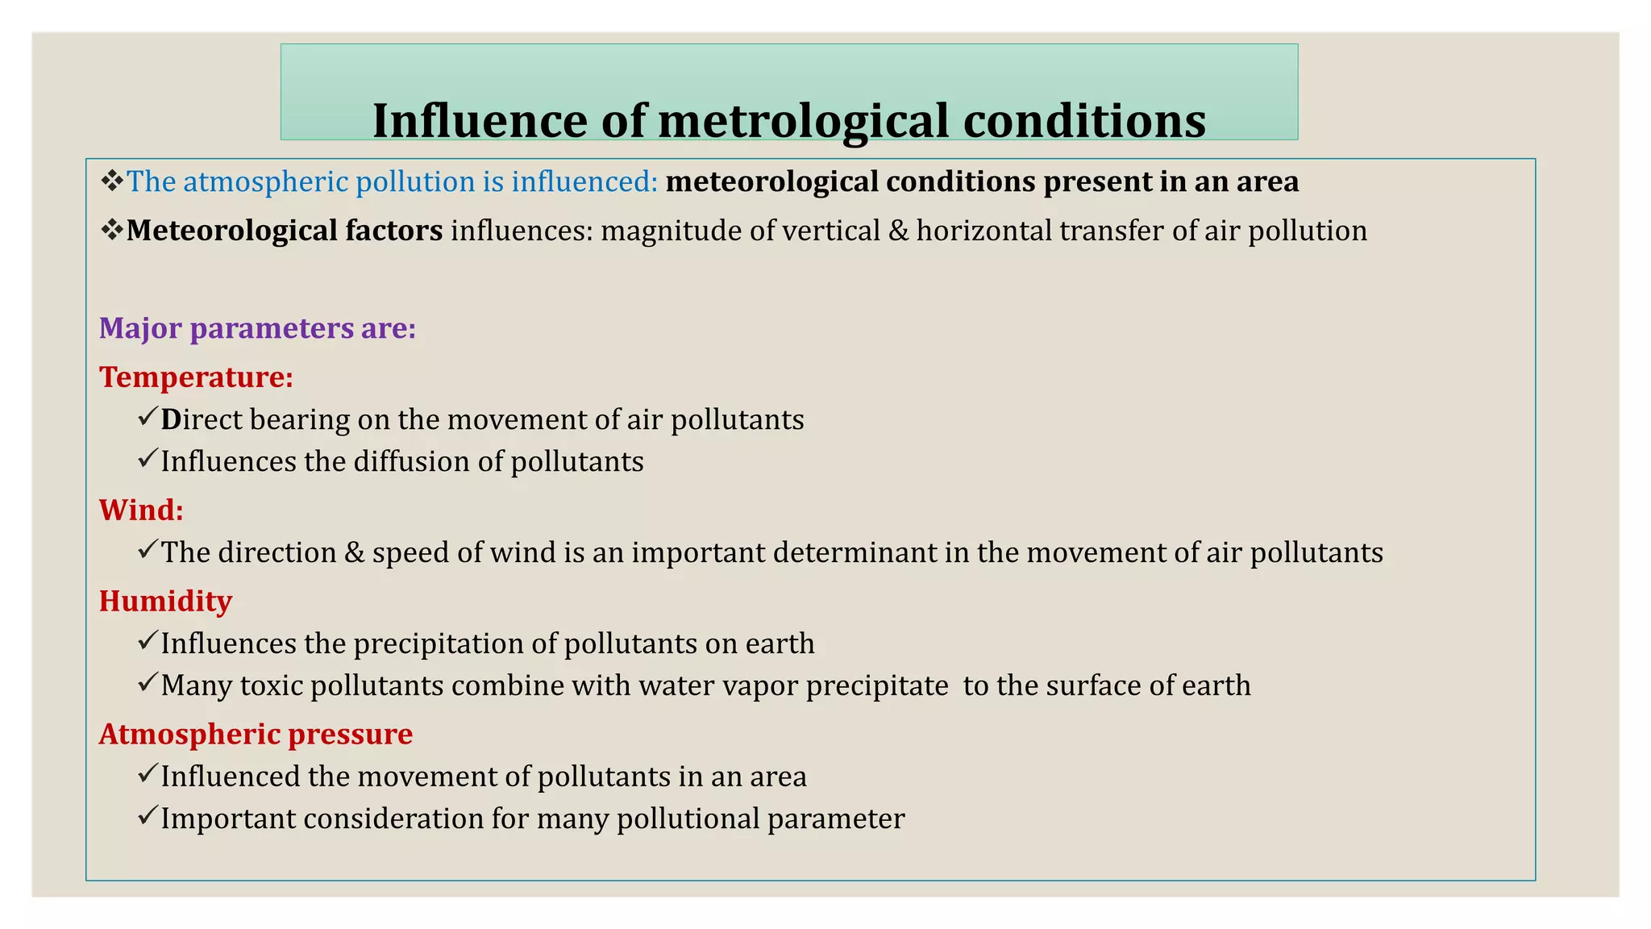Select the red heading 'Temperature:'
(x=196, y=377)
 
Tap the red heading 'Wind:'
(x=141, y=510)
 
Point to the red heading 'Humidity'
(x=165, y=601)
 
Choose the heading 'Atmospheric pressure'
(x=256, y=734)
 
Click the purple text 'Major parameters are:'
(x=257, y=328)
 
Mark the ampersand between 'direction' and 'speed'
(x=354, y=552)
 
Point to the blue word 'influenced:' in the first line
(x=584, y=181)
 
